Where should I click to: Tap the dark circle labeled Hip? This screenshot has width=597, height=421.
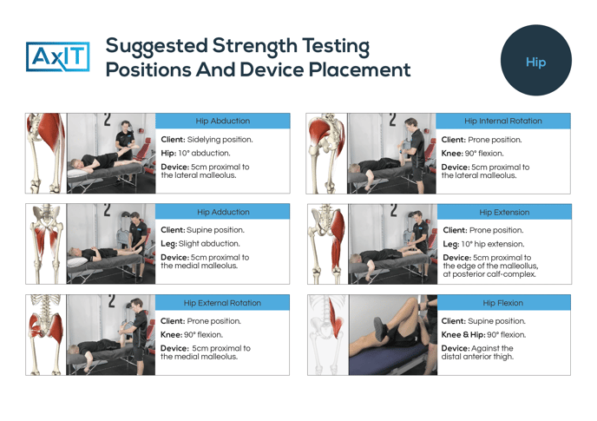pyautogui.click(x=535, y=62)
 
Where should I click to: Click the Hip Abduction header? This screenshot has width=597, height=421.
pyautogui.click(x=223, y=121)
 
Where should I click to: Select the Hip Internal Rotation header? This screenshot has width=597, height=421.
pyautogui.click(x=503, y=121)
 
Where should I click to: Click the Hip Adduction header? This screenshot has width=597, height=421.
pyautogui.click(x=223, y=212)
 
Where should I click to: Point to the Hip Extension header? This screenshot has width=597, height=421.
pyautogui.click(x=504, y=212)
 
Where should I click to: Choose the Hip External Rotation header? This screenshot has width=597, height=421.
pyautogui.click(x=223, y=303)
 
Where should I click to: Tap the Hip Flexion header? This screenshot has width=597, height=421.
pyautogui.click(x=503, y=303)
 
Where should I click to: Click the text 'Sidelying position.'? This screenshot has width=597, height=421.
pyautogui.click(x=219, y=139)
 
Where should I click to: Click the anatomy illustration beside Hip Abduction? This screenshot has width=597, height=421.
pyautogui.click(x=45, y=152)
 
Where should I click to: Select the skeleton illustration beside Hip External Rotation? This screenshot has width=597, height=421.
pyautogui.click(x=45, y=334)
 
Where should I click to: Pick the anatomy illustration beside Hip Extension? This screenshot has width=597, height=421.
pyautogui.click(x=325, y=243)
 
